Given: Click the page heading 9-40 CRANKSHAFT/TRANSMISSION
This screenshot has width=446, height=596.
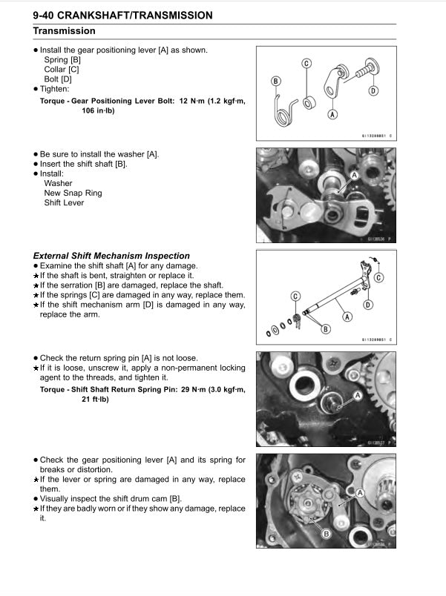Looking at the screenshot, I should (x=122, y=15).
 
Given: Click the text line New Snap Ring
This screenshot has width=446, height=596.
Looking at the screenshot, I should (x=73, y=193).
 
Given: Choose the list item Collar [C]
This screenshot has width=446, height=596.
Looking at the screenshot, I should (x=62, y=69).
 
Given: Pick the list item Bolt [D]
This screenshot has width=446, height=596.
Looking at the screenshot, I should (x=58, y=79).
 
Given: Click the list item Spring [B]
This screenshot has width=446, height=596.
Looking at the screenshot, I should (x=63, y=59).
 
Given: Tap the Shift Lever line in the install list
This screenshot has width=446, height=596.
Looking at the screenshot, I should (x=64, y=202).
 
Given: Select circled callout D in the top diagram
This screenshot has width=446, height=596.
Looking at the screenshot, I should (x=373, y=90).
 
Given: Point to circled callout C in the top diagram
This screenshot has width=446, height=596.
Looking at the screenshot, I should (x=306, y=64).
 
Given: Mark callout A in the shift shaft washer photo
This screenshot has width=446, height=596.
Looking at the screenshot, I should (x=354, y=174).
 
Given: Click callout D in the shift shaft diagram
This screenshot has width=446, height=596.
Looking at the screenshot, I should (x=368, y=305).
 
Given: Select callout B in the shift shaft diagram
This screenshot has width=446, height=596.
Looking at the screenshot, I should (x=325, y=329).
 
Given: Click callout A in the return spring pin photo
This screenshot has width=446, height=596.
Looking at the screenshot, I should (x=358, y=397).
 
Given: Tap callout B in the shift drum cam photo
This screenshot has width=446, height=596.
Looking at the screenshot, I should (x=325, y=533).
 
